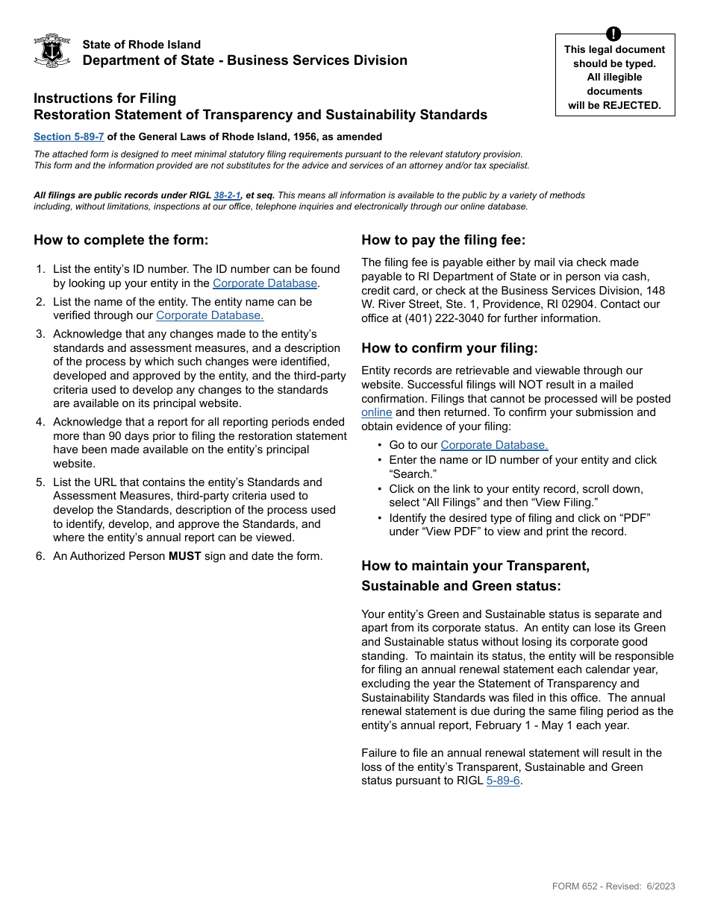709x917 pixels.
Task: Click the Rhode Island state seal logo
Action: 52,51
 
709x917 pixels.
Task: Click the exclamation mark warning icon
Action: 613,34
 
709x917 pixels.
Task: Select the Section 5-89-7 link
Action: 69,137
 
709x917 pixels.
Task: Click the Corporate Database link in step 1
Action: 265,283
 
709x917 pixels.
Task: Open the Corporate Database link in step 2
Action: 210,315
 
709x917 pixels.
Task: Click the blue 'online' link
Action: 376,412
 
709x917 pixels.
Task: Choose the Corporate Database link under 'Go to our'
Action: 494,445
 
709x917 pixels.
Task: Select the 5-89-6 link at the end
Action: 503,781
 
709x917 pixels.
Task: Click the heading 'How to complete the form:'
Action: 121,240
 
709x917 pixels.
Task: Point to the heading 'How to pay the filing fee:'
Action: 443,240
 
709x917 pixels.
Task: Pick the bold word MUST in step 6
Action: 184,555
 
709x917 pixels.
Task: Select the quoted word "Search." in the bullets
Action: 412,474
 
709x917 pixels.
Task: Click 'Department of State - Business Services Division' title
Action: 245,60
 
